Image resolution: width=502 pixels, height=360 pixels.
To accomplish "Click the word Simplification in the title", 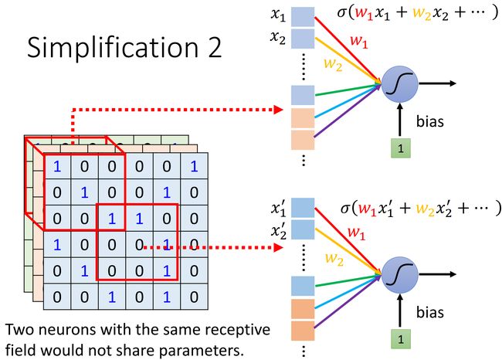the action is point(113,48).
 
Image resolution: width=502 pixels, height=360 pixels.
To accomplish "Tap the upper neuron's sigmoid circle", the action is point(399,84).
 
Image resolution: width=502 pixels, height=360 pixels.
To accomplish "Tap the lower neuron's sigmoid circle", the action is point(399,275).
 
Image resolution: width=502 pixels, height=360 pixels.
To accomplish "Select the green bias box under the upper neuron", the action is point(401,148).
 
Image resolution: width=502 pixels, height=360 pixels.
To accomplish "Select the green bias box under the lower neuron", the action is point(401,339).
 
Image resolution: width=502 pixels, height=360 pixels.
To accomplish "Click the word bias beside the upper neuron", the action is point(430,122).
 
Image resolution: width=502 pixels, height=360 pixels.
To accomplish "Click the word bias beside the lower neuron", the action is point(430,312).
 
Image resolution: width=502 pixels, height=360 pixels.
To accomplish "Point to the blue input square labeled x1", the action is point(303,17).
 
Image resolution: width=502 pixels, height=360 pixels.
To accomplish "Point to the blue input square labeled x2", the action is point(303,39).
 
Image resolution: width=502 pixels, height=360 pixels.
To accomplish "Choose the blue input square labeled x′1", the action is point(303,208).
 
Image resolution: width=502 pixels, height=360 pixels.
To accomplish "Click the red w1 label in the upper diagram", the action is point(359,41).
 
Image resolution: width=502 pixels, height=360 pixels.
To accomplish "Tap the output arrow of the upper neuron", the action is point(437,83).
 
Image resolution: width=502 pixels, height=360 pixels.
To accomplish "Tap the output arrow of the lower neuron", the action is point(437,274).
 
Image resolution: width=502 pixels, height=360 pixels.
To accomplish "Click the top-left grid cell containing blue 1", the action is point(57,166).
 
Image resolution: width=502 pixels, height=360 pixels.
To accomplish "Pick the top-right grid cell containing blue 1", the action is point(194,166).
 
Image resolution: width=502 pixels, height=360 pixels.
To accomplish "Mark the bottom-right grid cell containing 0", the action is point(194,297).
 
